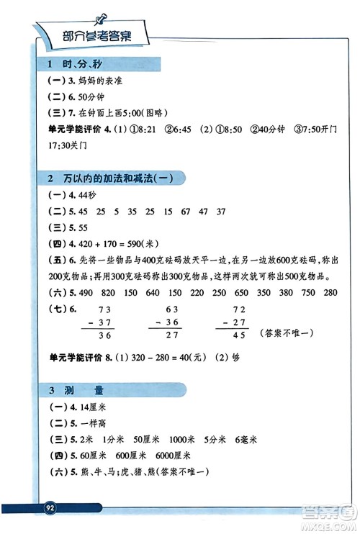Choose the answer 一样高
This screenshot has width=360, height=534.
[x=92, y=424]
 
